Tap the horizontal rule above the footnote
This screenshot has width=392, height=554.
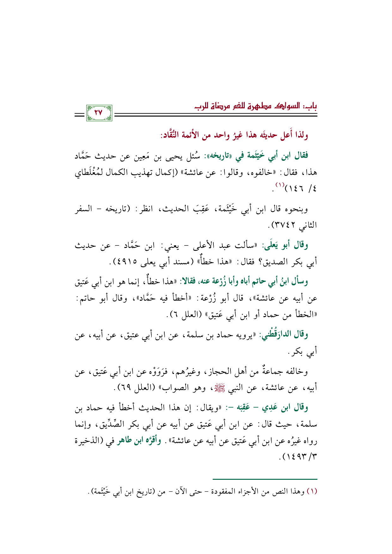[265, 479]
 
